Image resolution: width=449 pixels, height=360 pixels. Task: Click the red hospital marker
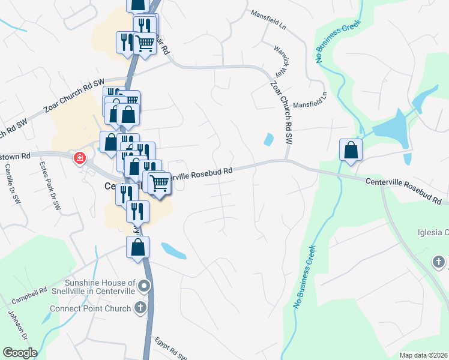click(79, 159)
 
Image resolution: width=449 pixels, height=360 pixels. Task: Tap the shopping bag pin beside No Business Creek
click(351, 151)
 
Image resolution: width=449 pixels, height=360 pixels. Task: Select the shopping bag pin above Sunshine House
click(138, 247)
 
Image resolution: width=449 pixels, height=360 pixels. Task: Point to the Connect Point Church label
click(90, 309)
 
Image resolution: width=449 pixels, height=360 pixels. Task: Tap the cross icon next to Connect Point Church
click(141, 308)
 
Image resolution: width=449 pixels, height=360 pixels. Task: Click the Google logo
click(20, 353)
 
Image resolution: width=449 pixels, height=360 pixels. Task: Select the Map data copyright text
click(423, 355)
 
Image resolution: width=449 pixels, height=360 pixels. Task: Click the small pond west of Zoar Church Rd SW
click(268, 140)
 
